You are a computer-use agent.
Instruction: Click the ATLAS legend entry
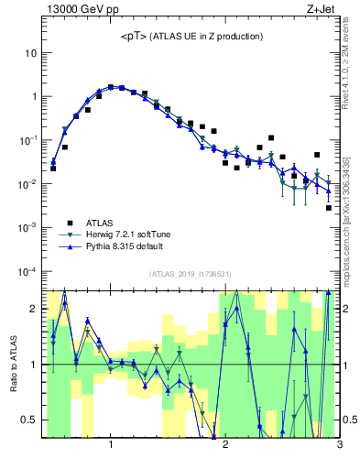pos(101,223)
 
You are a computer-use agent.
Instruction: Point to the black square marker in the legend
pos(69,223)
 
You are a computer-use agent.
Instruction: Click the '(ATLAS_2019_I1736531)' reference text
pos(191,274)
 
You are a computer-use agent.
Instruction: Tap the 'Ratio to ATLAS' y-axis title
pos(14,364)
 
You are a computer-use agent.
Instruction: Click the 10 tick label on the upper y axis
pos(30,53)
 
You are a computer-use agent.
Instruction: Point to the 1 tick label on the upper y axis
pos(33,96)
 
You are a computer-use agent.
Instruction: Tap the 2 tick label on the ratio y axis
pos(33,309)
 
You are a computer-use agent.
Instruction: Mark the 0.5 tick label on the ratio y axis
pos(29,420)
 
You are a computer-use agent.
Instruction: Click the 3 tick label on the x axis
pos(339,445)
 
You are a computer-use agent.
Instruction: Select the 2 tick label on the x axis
pos(225,445)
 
